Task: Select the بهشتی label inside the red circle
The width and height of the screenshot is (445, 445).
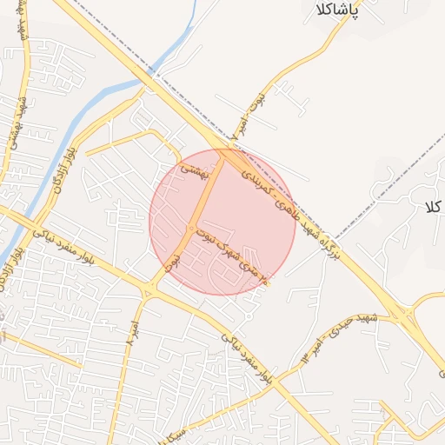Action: point(194,173)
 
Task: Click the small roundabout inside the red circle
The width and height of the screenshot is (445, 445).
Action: point(190,229)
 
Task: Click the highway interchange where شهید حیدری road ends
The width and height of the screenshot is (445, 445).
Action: point(401,312)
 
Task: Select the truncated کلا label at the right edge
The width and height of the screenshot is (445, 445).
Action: point(434,207)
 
